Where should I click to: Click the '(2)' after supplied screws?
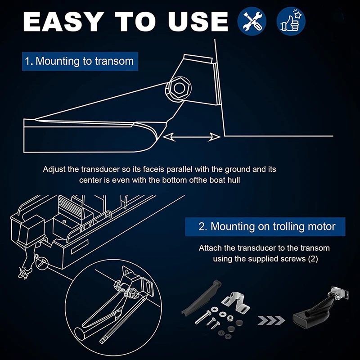point(312,259)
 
